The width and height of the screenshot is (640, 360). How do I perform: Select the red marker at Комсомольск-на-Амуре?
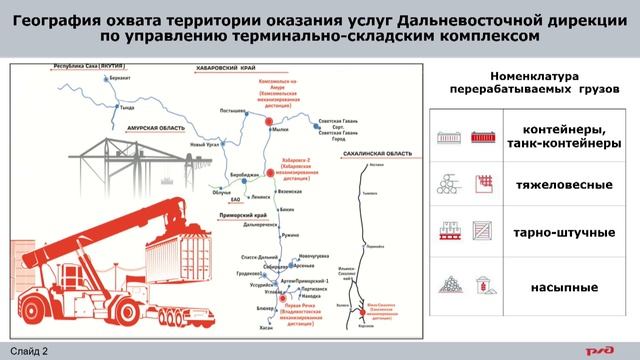click(x=270, y=121)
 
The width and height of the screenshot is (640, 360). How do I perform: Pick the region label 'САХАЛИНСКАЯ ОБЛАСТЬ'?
click(x=373, y=152)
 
